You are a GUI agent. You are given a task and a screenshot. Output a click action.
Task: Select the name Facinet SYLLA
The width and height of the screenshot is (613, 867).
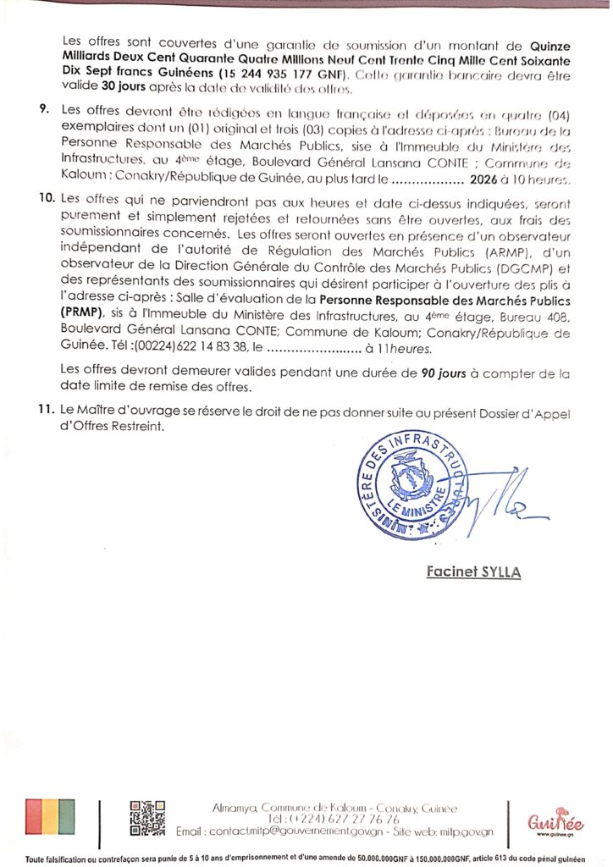(473, 573)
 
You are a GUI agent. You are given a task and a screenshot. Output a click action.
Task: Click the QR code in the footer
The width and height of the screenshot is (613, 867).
(146, 819)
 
